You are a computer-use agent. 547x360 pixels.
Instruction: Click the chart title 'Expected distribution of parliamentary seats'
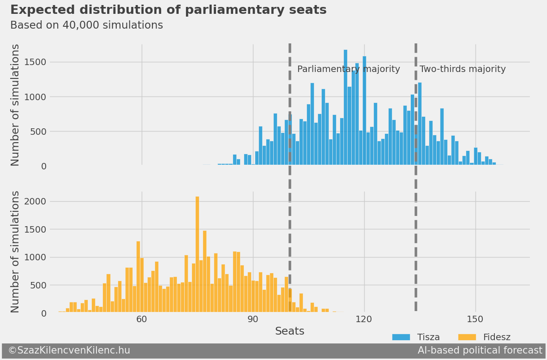168,10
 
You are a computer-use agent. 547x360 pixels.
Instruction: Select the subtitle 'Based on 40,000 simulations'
86,25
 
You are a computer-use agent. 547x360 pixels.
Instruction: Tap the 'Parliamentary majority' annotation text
349,69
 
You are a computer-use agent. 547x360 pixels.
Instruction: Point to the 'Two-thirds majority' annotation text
463,69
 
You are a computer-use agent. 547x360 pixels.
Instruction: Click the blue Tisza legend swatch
401,337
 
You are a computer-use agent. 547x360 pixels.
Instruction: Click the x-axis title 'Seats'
289,331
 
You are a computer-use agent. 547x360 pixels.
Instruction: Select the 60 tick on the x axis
142,319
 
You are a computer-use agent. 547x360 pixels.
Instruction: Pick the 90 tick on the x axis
253,319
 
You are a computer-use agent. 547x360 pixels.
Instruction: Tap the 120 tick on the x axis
364,319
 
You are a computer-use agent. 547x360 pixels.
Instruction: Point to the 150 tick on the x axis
475,319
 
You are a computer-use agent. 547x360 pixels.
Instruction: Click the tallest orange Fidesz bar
197,255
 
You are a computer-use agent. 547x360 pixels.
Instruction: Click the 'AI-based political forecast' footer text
480,351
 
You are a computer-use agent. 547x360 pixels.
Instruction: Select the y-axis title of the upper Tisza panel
16,105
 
